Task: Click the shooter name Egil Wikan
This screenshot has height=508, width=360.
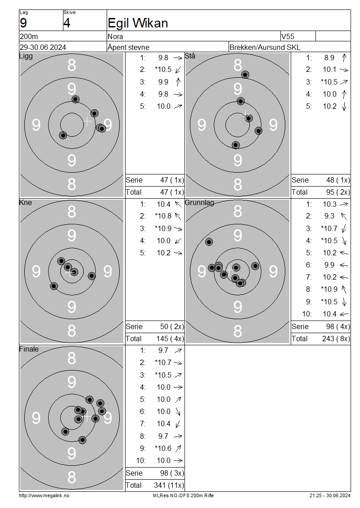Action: click(138, 23)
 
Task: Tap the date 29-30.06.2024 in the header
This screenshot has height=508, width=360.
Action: click(43, 47)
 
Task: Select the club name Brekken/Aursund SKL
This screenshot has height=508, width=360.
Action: click(265, 47)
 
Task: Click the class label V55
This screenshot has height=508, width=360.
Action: click(288, 36)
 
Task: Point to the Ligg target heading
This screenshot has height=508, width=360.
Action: click(26, 56)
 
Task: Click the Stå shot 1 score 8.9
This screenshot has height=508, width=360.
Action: click(329, 58)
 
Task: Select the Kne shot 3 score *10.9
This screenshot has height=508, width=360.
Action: click(163, 229)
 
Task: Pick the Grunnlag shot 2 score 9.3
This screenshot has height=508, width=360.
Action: click(329, 216)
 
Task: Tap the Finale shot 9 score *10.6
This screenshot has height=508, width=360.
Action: click(163, 448)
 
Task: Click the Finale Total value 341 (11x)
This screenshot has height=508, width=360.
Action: click(169, 486)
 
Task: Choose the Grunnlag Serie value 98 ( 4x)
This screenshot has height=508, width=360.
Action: click(338, 326)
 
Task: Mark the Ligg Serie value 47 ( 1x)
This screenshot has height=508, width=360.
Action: click(172, 180)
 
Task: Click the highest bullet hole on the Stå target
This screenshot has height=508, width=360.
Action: click(245, 75)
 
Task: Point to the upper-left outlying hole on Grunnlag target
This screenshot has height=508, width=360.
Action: click(209, 242)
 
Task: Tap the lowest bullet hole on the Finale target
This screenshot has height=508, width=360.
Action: click(82, 440)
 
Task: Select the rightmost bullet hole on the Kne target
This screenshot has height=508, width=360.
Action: click(92, 276)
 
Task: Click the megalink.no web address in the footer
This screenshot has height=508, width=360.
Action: click(44, 496)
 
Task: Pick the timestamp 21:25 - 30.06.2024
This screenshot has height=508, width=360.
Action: click(330, 496)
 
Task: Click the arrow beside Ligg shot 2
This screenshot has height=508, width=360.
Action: click(178, 70)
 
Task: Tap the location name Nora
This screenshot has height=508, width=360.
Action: click(116, 36)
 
